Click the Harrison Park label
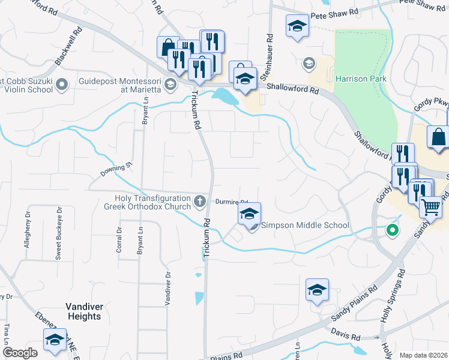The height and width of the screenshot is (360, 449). (361, 79)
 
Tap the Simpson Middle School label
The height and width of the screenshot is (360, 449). (305, 226)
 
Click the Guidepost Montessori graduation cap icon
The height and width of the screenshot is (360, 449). (171, 84)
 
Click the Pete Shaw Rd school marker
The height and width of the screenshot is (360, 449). (297, 27)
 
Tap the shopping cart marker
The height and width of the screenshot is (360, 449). (430, 207)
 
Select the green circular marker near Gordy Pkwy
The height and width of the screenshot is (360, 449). (393, 229)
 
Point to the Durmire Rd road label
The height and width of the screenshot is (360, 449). (231, 202)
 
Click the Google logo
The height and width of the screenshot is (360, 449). (20, 353)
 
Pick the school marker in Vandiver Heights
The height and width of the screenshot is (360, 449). (55, 340)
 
